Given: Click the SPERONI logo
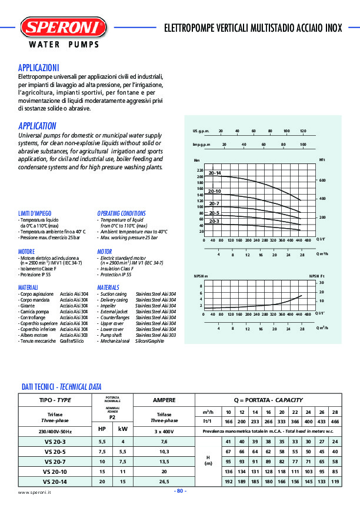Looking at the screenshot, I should (64, 27).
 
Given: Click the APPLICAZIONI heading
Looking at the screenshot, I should (38, 68).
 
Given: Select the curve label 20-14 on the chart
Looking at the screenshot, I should (215, 173).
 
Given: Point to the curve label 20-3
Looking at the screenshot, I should (214, 220).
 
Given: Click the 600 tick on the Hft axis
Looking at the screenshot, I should (322, 180).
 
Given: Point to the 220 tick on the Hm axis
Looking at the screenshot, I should (200, 170).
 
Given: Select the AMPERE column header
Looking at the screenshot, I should (164, 400).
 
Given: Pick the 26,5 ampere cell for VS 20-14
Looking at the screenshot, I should (164, 482).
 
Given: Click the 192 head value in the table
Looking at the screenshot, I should (229, 482).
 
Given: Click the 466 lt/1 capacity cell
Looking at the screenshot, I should (335, 422).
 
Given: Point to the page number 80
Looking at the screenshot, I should (180, 491).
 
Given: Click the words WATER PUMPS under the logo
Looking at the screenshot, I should (64, 45).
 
